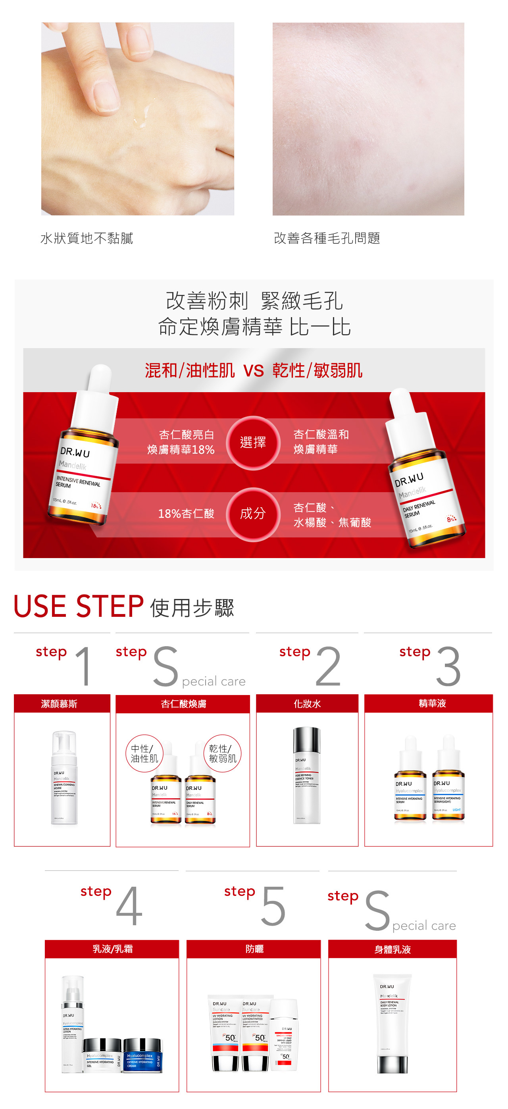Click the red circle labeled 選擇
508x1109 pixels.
coord(253,443)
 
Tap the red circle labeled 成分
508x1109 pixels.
coord(253,514)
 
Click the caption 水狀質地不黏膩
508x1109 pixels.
coord(87,238)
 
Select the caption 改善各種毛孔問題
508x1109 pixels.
coord(327,238)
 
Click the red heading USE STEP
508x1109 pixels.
coord(79,606)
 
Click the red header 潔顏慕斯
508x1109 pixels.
coord(60,704)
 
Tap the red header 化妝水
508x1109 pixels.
coord(307,704)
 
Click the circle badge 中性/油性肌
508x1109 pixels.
coord(144,753)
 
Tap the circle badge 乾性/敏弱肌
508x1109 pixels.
coord(222,753)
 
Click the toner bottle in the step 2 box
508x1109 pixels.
coord(307,775)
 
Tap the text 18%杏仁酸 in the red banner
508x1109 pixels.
coord(186,514)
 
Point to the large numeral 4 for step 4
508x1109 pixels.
coord(129,906)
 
